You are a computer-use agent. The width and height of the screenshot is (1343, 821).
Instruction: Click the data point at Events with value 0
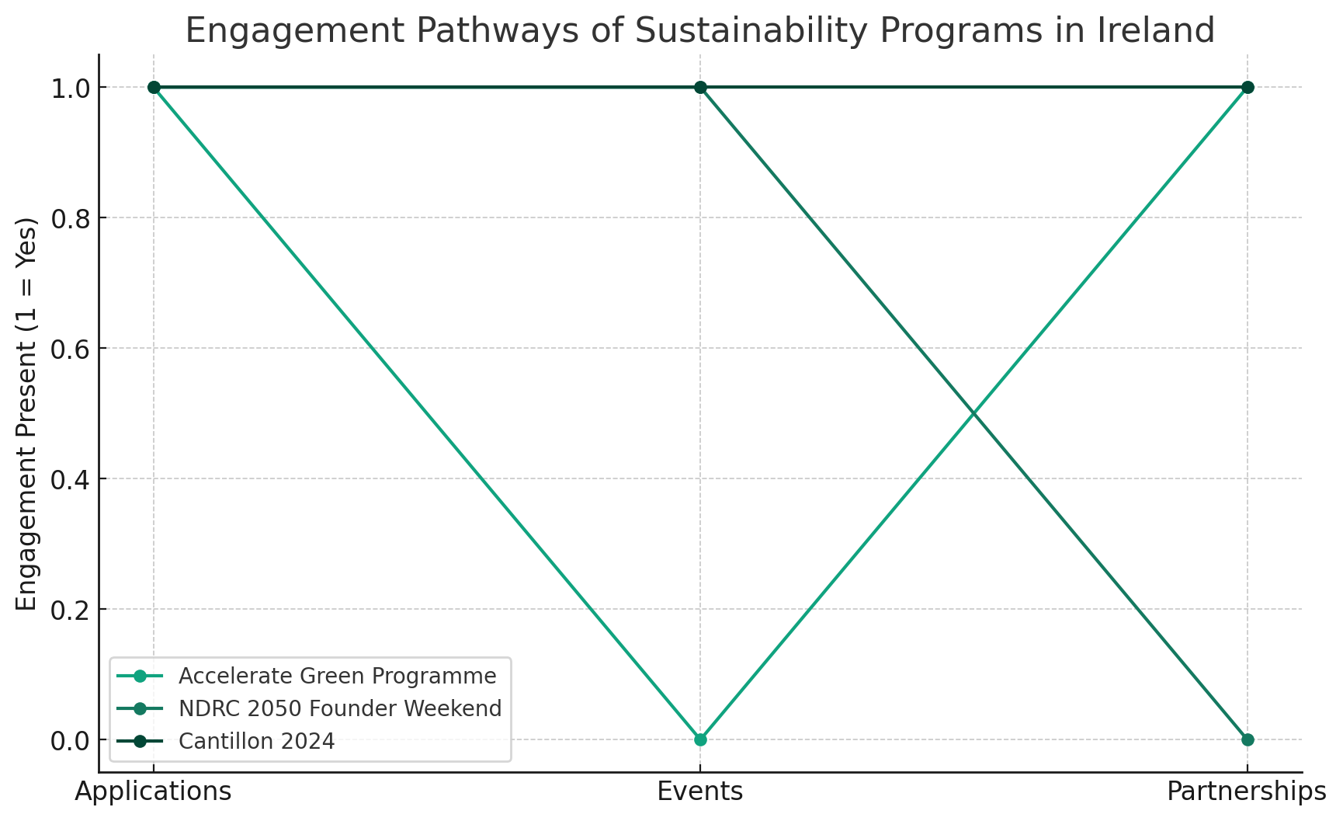pos(700,739)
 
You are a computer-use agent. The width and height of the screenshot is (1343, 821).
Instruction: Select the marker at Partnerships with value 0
pos(1247,739)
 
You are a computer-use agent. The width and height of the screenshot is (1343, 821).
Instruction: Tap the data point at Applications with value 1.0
pos(154,87)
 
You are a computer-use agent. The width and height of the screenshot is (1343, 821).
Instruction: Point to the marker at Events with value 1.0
pos(700,87)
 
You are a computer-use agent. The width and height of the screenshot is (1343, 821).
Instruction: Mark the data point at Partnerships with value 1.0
pos(1247,87)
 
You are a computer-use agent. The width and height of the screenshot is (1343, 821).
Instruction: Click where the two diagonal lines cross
pos(973,413)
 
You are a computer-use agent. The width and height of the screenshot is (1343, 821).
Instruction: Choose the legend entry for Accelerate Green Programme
pos(337,676)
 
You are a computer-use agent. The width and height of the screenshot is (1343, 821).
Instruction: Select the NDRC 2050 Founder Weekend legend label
pos(340,708)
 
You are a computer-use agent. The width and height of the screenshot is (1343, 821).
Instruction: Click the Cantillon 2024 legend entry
pos(256,741)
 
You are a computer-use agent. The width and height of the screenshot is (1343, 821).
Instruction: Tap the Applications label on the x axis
pos(154,791)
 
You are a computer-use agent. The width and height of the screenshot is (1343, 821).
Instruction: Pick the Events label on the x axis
pos(700,791)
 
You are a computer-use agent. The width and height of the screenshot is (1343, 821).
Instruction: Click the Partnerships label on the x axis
pos(1247,791)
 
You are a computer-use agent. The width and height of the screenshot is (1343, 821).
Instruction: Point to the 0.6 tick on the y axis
pos(70,349)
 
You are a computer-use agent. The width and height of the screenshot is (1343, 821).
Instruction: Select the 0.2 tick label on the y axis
pos(70,610)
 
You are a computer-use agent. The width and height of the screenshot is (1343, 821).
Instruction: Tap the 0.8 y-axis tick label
pos(70,218)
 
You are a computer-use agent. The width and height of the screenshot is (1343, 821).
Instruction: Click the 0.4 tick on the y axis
pos(70,479)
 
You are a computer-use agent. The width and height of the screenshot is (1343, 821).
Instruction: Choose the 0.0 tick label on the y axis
pos(70,740)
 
